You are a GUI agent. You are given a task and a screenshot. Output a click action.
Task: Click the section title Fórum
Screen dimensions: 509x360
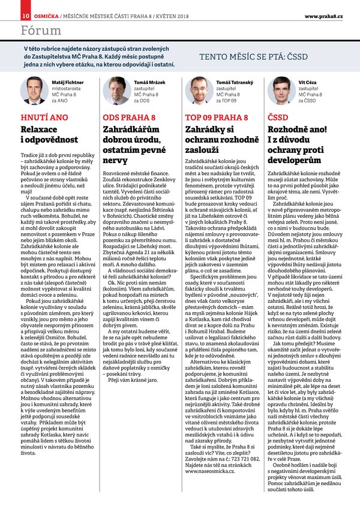pos(40,30)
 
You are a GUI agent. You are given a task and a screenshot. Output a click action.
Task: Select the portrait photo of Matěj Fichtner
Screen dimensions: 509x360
pos(34,91)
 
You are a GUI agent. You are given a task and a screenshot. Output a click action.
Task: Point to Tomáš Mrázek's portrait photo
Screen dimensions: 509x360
pos(116,91)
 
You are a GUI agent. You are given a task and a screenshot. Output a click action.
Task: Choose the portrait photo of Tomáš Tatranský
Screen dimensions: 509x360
pos(199,91)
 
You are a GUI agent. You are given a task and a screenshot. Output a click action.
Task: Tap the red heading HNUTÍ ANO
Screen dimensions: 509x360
pos(44,117)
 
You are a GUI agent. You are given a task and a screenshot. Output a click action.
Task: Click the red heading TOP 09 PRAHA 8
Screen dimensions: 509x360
pos(213,117)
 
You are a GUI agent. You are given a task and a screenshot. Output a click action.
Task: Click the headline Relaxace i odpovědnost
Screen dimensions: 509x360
pos(49,134)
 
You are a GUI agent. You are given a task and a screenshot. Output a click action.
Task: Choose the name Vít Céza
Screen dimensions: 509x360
pos(308,81)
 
